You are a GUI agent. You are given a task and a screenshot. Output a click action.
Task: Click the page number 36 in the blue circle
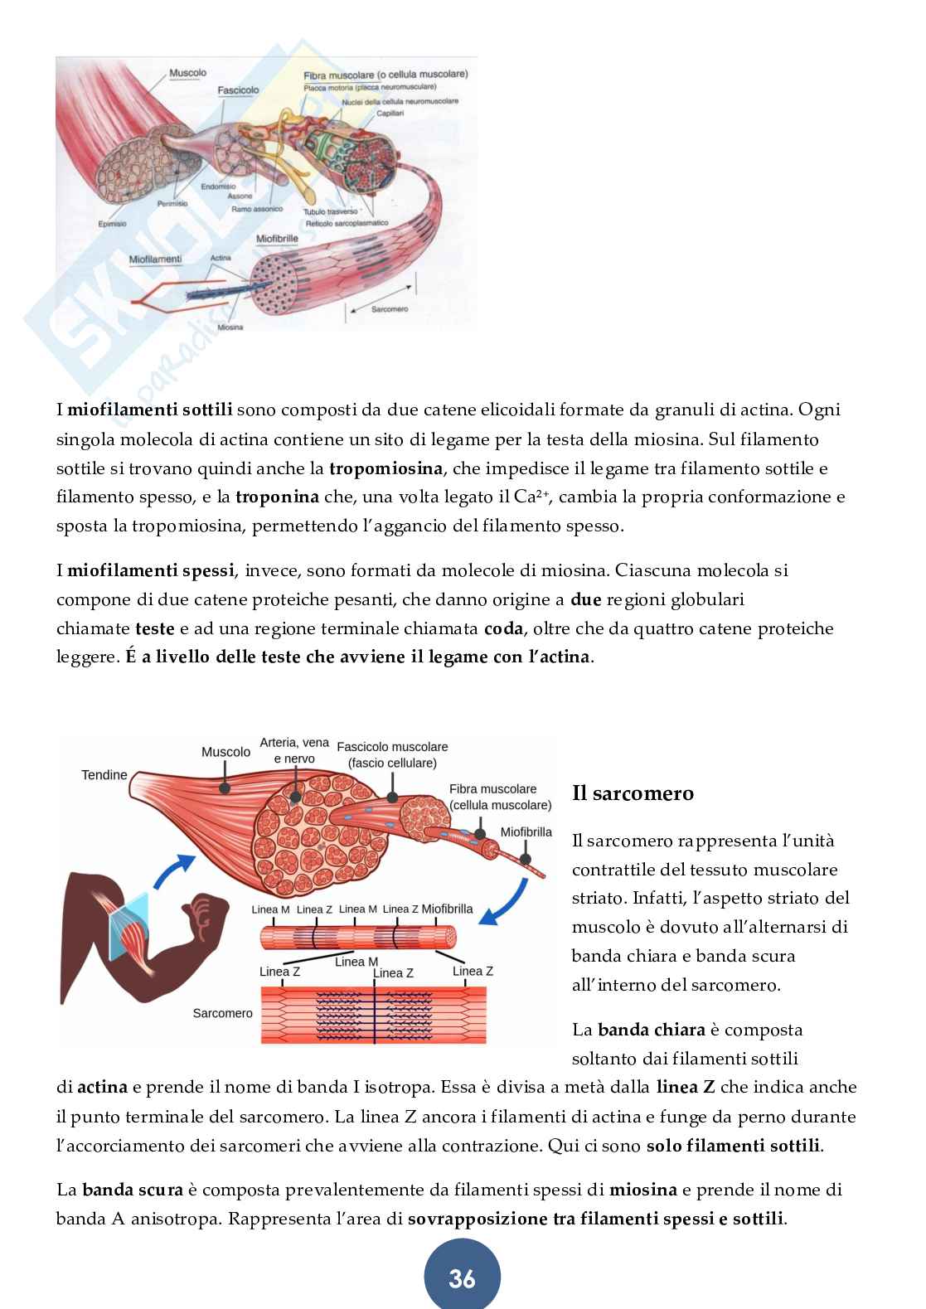462,1279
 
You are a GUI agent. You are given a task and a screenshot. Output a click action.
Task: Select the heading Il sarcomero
633,793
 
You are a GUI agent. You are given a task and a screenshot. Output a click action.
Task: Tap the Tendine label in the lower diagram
104,775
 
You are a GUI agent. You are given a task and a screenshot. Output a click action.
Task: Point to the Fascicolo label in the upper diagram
238,90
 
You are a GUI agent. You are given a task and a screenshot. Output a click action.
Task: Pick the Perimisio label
172,203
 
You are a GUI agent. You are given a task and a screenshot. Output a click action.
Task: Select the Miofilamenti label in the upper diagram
155,259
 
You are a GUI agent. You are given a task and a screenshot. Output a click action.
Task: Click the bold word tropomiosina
385,468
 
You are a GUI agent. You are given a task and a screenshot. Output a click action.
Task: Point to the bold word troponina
277,497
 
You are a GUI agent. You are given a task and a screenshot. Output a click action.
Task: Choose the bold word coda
503,628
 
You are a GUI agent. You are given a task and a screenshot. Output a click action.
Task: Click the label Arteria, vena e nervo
294,751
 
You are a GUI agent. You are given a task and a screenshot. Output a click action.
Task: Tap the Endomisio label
218,187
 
